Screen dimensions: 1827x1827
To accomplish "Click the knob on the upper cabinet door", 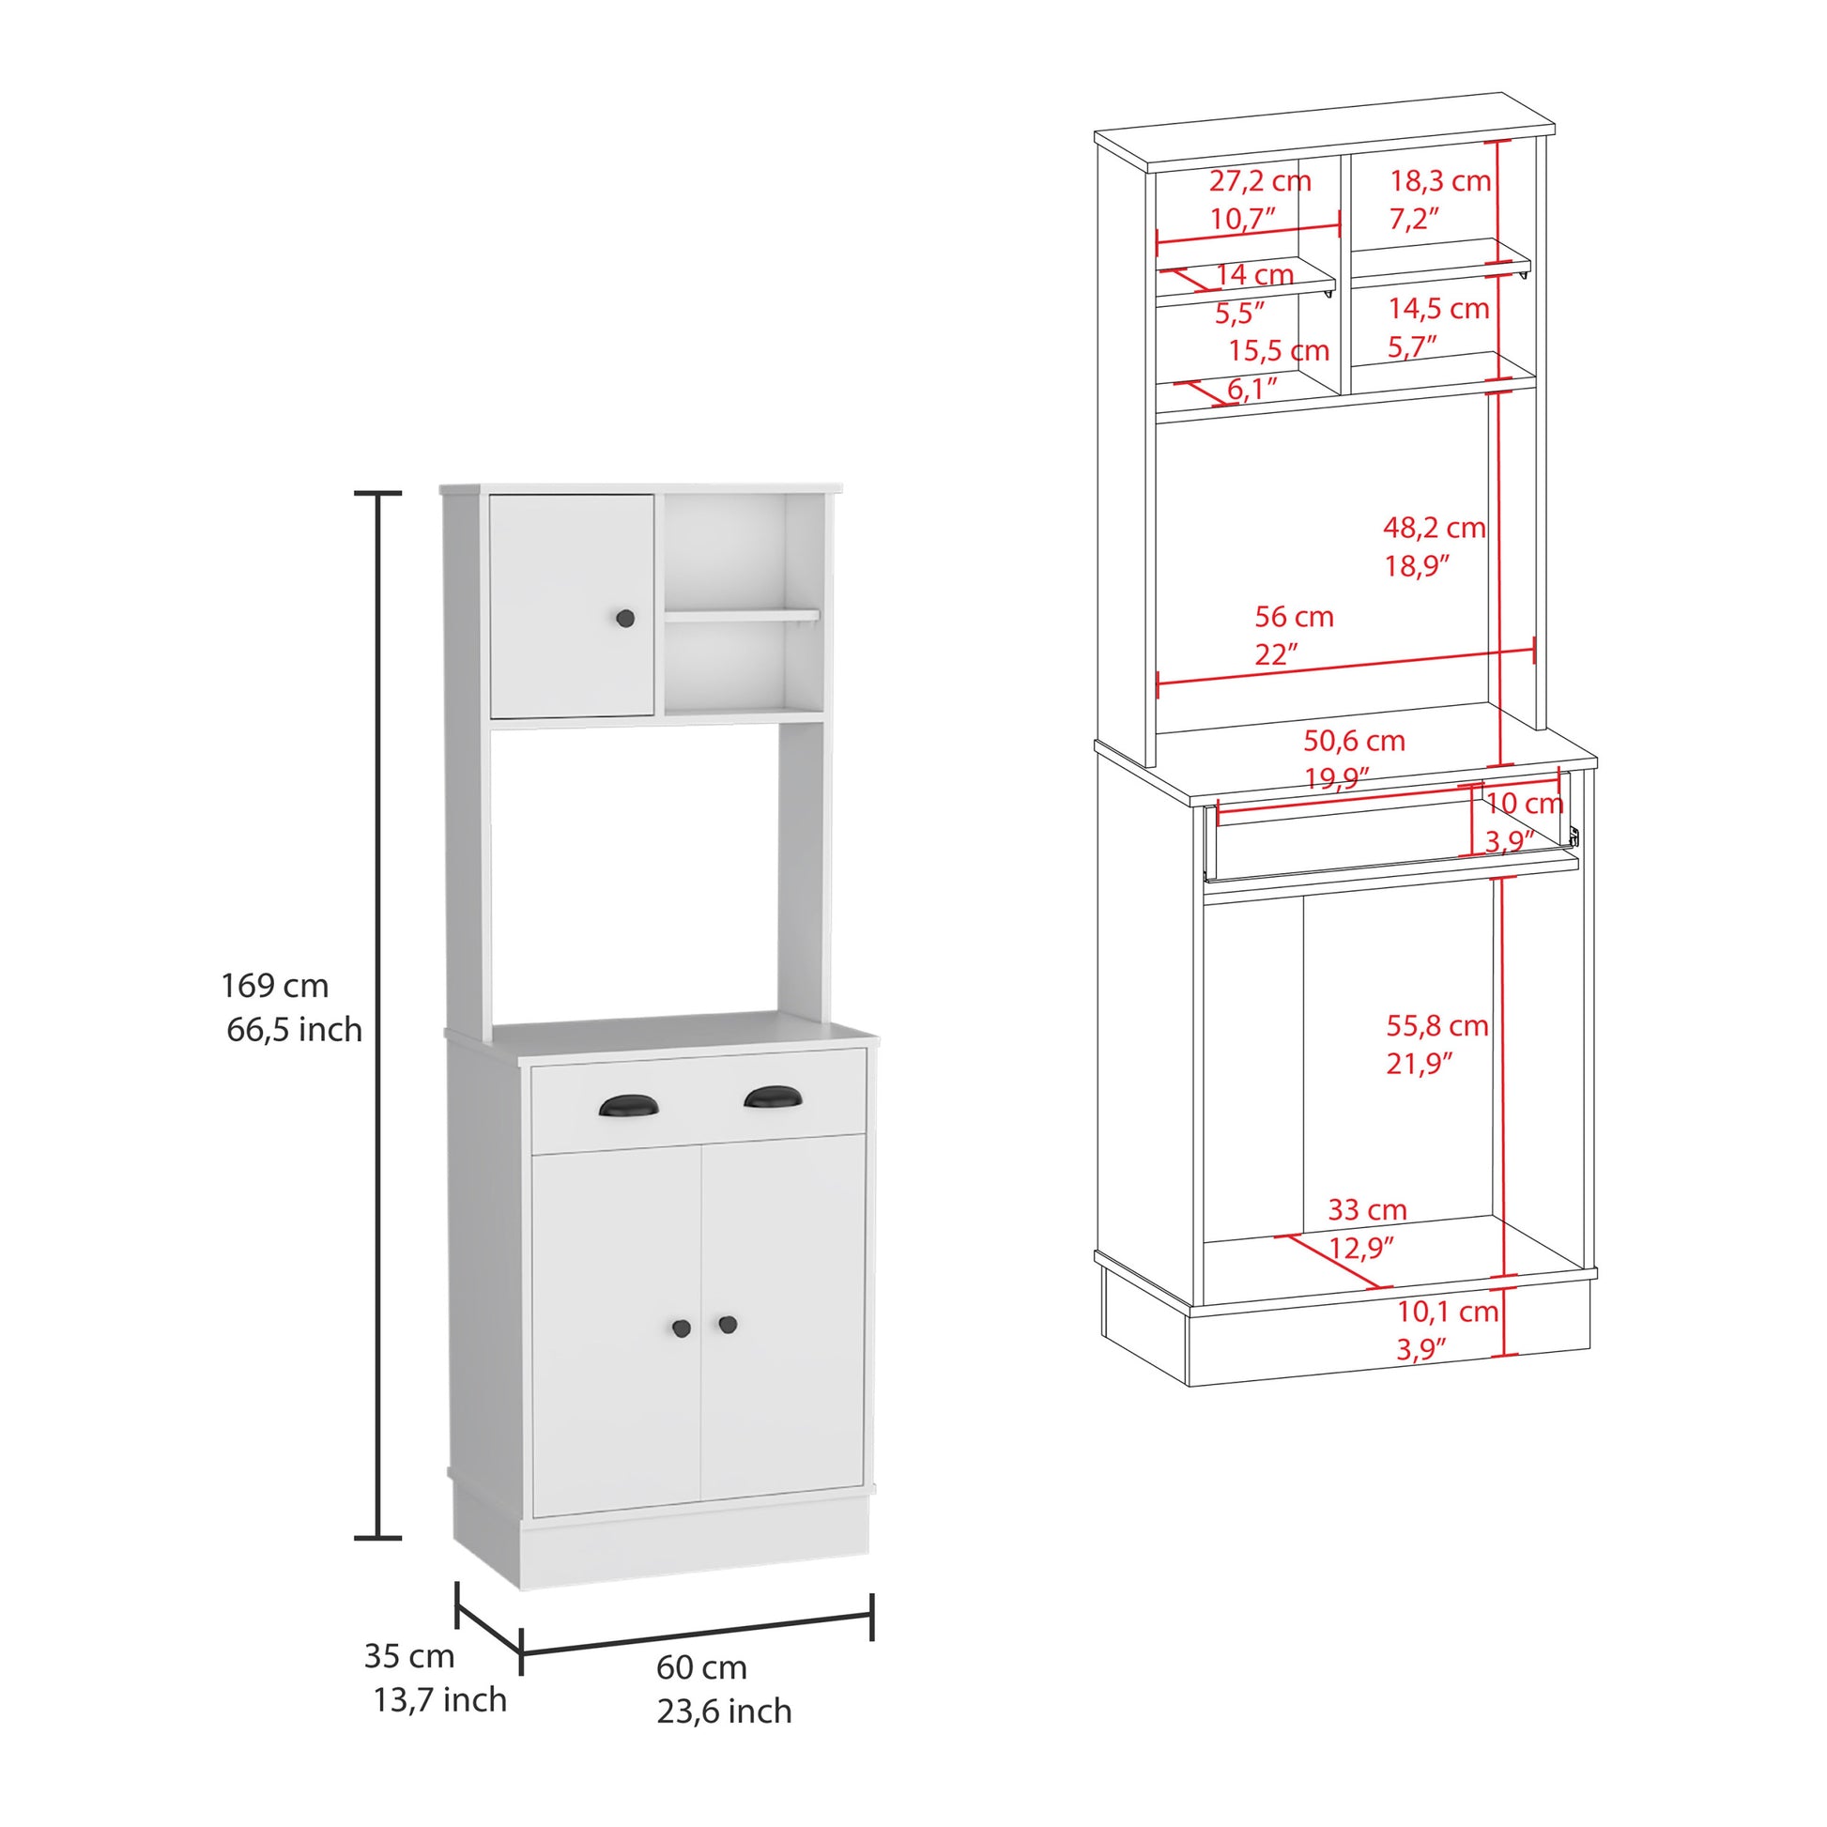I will (x=624, y=619).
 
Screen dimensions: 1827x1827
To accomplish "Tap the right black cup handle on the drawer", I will (x=773, y=1098).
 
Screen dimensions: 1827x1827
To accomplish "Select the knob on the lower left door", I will (x=682, y=1328).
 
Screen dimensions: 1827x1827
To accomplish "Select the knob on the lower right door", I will (x=728, y=1324).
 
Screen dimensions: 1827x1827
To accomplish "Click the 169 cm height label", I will (x=275, y=987).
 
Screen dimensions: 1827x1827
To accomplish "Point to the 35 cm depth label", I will (x=409, y=1656).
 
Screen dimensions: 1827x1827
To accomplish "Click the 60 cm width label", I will (x=700, y=1667).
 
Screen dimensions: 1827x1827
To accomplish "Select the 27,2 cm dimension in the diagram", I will (x=1260, y=181).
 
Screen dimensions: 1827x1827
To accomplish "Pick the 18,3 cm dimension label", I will (x=1439, y=181).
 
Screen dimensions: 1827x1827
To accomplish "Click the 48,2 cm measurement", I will (x=1434, y=528).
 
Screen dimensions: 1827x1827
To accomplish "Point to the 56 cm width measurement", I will (x=1294, y=618).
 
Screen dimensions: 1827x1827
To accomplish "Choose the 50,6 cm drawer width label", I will (x=1354, y=741).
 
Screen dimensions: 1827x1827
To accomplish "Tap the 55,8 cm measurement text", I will (x=1437, y=1025).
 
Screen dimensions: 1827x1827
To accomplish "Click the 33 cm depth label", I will (x=1367, y=1209).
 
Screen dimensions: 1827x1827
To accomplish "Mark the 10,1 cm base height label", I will (x=1448, y=1312).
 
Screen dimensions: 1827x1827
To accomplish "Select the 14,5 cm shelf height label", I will (x=1438, y=309).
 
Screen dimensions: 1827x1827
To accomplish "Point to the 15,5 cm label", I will (x=1279, y=351).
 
